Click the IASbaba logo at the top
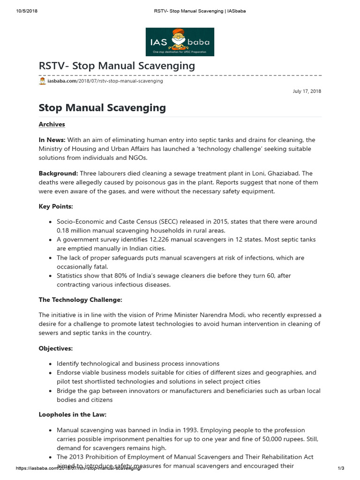[180, 42]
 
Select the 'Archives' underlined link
[52, 124]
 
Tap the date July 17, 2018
[307, 91]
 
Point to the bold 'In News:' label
[52, 140]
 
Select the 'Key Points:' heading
[56, 206]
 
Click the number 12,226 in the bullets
[150, 240]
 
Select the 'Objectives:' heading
[55, 348]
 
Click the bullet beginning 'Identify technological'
[138, 364]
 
